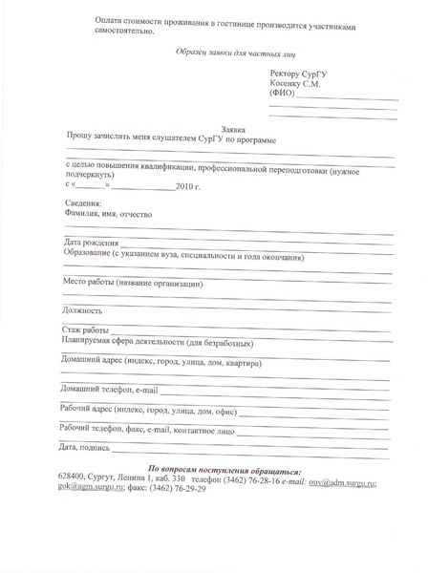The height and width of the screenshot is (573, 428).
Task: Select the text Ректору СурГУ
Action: coord(301,73)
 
